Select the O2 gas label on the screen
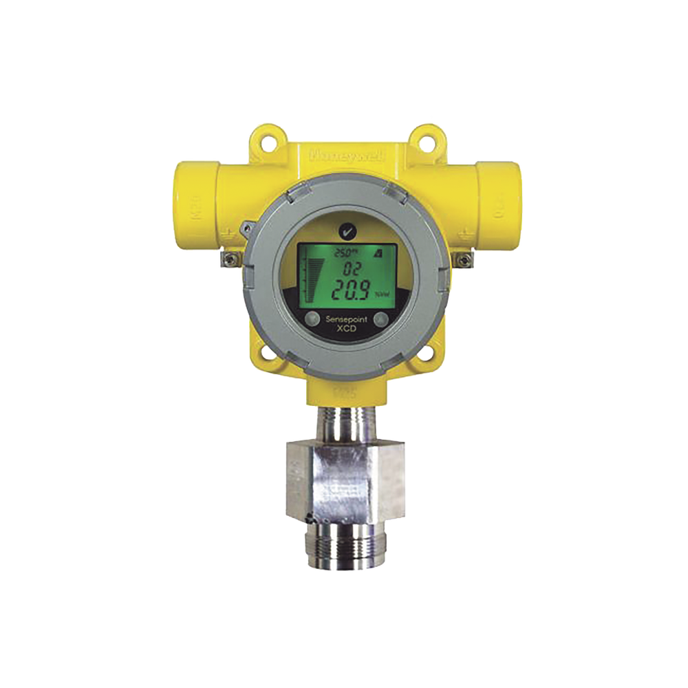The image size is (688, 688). [344, 269]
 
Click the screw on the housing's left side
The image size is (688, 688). [230, 259]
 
